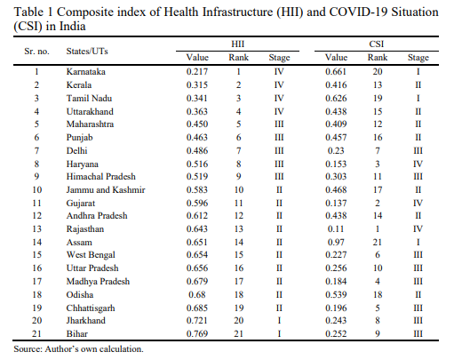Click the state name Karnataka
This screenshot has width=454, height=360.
(x=85, y=72)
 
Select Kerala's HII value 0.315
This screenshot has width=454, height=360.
(x=197, y=85)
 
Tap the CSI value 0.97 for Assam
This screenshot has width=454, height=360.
(x=336, y=243)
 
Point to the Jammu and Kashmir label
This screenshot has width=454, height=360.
(x=106, y=190)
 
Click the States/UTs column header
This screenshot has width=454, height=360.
(x=87, y=52)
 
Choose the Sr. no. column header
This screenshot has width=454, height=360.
(x=36, y=52)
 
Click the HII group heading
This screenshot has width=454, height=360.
(x=237, y=44)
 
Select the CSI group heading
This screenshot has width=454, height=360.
(x=377, y=44)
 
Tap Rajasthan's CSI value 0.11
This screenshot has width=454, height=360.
(x=336, y=229)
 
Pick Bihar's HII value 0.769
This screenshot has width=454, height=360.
(x=197, y=334)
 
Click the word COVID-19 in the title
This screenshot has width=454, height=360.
(x=358, y=12)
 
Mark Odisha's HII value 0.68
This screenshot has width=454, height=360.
(x=197, y=295)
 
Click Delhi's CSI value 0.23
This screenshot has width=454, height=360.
(x=336, y=151)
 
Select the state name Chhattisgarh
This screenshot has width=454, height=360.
(x=91, y=308)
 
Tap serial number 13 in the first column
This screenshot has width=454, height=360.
(x=36, y=229)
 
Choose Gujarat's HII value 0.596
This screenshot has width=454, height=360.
(x=197, y=204)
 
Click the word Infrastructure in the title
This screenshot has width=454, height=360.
(x=237, y=12)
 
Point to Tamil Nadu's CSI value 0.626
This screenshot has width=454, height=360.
(x=336, y=99)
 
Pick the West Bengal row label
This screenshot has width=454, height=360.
(x=91, y=255)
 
